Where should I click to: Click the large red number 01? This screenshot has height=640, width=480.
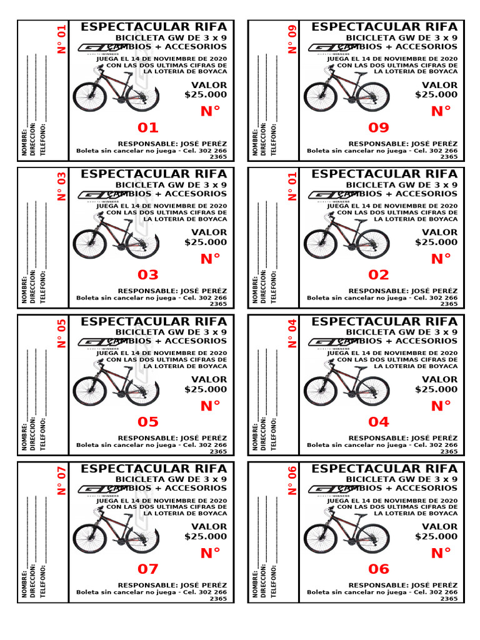point(148,128)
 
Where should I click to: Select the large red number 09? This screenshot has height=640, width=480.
point(379,128)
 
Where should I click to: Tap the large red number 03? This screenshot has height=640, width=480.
point(148,275)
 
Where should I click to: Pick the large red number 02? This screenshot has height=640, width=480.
point(379,275)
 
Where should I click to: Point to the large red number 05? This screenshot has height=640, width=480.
point(148,422)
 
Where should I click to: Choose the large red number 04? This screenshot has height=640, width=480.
point(379,422)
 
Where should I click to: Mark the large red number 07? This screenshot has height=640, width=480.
point(148,569)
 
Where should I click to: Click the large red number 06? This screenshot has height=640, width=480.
point(379,569)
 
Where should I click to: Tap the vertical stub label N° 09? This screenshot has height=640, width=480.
point(292,39)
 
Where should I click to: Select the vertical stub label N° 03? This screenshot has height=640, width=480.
point(61,186)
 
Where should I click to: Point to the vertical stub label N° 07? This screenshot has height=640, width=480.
point(61,481)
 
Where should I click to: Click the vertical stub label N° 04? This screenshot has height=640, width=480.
point(292,333)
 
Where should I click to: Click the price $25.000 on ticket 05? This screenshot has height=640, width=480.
point(206,389)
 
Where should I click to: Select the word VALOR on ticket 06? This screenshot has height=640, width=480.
point(439,527)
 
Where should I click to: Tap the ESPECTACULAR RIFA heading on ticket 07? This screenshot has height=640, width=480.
point(154,468)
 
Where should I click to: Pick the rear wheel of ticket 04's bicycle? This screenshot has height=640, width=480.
point(321,391)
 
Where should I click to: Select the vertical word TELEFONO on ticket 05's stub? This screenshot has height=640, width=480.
point(43,432)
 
